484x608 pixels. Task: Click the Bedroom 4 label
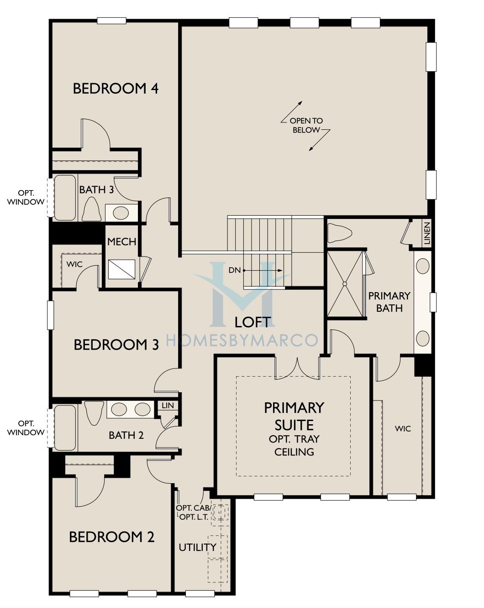(116, 88)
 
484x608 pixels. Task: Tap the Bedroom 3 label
(116, 345)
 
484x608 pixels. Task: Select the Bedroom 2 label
(111, 537)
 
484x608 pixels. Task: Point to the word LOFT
(253, 322)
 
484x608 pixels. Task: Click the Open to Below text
(306, 125)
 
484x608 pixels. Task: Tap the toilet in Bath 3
(91, 209)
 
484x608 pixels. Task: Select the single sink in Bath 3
(121, 213)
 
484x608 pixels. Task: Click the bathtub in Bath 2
(65, 428)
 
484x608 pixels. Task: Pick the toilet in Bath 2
(94, 413)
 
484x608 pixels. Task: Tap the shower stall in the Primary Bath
(345, 283)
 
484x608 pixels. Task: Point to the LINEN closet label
(427, 233)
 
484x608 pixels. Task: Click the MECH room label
(122, 242)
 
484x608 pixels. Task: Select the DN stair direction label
(235, 270)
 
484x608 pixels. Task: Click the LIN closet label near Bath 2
(168, 405)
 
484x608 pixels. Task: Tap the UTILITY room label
(198, 548)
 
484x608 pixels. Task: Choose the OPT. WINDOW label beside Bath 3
(26, 197)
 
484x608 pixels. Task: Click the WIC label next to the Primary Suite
(403, 429)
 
